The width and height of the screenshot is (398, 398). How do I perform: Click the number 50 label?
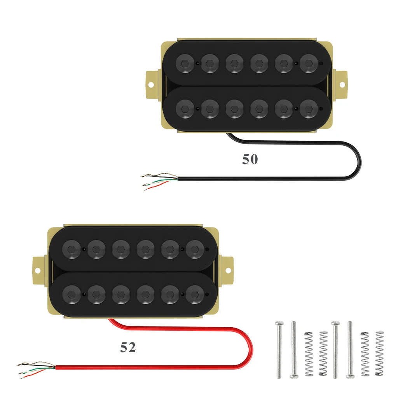(250, 159)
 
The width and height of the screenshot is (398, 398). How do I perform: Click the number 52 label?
(128, 347)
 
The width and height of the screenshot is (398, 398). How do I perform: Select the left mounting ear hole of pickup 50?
(151, 84)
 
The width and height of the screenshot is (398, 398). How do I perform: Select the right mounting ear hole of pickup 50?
(342, 84)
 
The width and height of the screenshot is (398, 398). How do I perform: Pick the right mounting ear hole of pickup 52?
(228, 271)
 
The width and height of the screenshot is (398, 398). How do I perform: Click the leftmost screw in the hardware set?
(279, 350)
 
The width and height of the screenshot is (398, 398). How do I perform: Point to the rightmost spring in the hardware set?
(379, 354)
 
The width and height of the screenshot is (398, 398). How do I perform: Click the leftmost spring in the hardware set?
(309, 354)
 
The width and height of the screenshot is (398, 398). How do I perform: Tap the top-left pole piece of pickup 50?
(185, 63)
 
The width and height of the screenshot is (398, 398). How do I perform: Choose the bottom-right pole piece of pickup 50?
(309, 109)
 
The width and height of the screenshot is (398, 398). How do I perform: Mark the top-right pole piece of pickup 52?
(195, 249)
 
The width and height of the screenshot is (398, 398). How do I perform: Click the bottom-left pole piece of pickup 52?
(72, 295)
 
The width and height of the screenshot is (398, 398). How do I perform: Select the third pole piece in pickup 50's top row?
(234, 63)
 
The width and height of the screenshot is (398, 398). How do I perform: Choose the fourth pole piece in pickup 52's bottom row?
(145, 295)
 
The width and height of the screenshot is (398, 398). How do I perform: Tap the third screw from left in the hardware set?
(335, 350)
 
